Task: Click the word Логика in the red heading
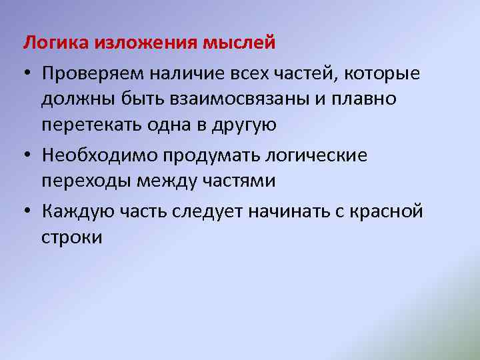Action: pyautogui.click(x=55, y=44)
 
